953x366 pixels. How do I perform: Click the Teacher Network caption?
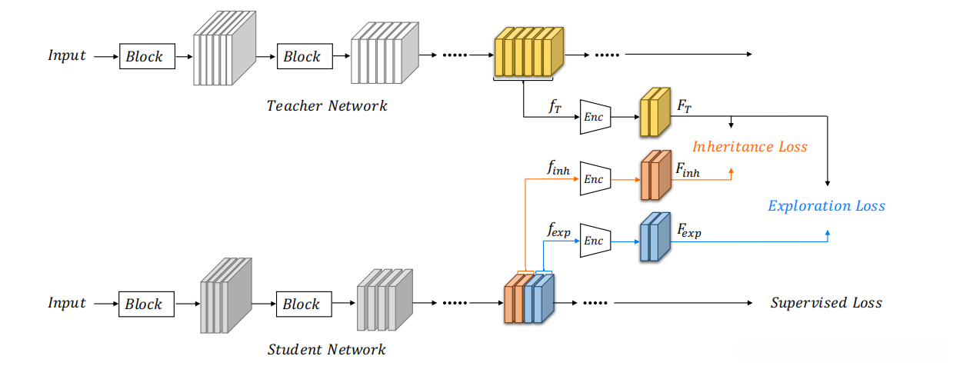click(327, 106)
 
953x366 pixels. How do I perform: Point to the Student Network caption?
click(327, 350)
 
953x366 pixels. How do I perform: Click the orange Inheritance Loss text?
click(750, 146)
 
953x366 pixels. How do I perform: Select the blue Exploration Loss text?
click(827, 206)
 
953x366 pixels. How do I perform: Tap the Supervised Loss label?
click(826, 303)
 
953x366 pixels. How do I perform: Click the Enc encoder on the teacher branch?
click(595, 117)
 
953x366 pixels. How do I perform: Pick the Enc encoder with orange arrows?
click(595, 178)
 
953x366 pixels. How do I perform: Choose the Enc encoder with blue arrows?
click(595, 240)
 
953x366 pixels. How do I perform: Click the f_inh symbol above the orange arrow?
click(558, 168)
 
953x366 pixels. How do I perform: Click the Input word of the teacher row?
click(67, 55)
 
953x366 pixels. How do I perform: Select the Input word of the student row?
click(67, 303)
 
